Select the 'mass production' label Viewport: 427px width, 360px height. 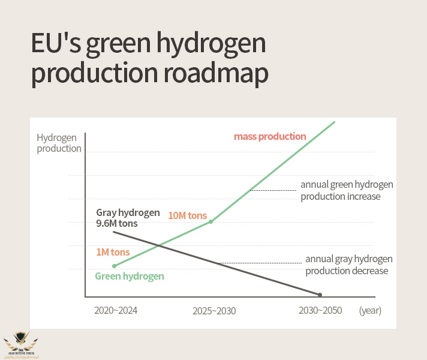tap(270, 136)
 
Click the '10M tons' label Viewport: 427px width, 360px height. tap(187, 215)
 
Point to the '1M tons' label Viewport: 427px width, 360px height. tap(113, 252)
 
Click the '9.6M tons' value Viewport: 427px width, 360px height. tap(116, 224)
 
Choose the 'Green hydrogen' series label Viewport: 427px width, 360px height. tap(130, 276)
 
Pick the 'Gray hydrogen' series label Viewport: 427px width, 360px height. tap(128, 213)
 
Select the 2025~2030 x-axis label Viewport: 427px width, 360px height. tap(214, 311)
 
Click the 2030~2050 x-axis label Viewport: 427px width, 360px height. tap(321, 310)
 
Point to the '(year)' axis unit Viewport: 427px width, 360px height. tap(370, 311)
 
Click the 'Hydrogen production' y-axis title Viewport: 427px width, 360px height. tap(59, 143)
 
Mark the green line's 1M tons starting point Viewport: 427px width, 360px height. tap(113, 265)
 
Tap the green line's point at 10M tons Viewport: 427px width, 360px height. tap(211, 221)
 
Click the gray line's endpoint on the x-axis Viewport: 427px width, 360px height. tap(320, 295)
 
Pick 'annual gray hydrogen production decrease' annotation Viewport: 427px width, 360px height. tap(348, 265)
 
